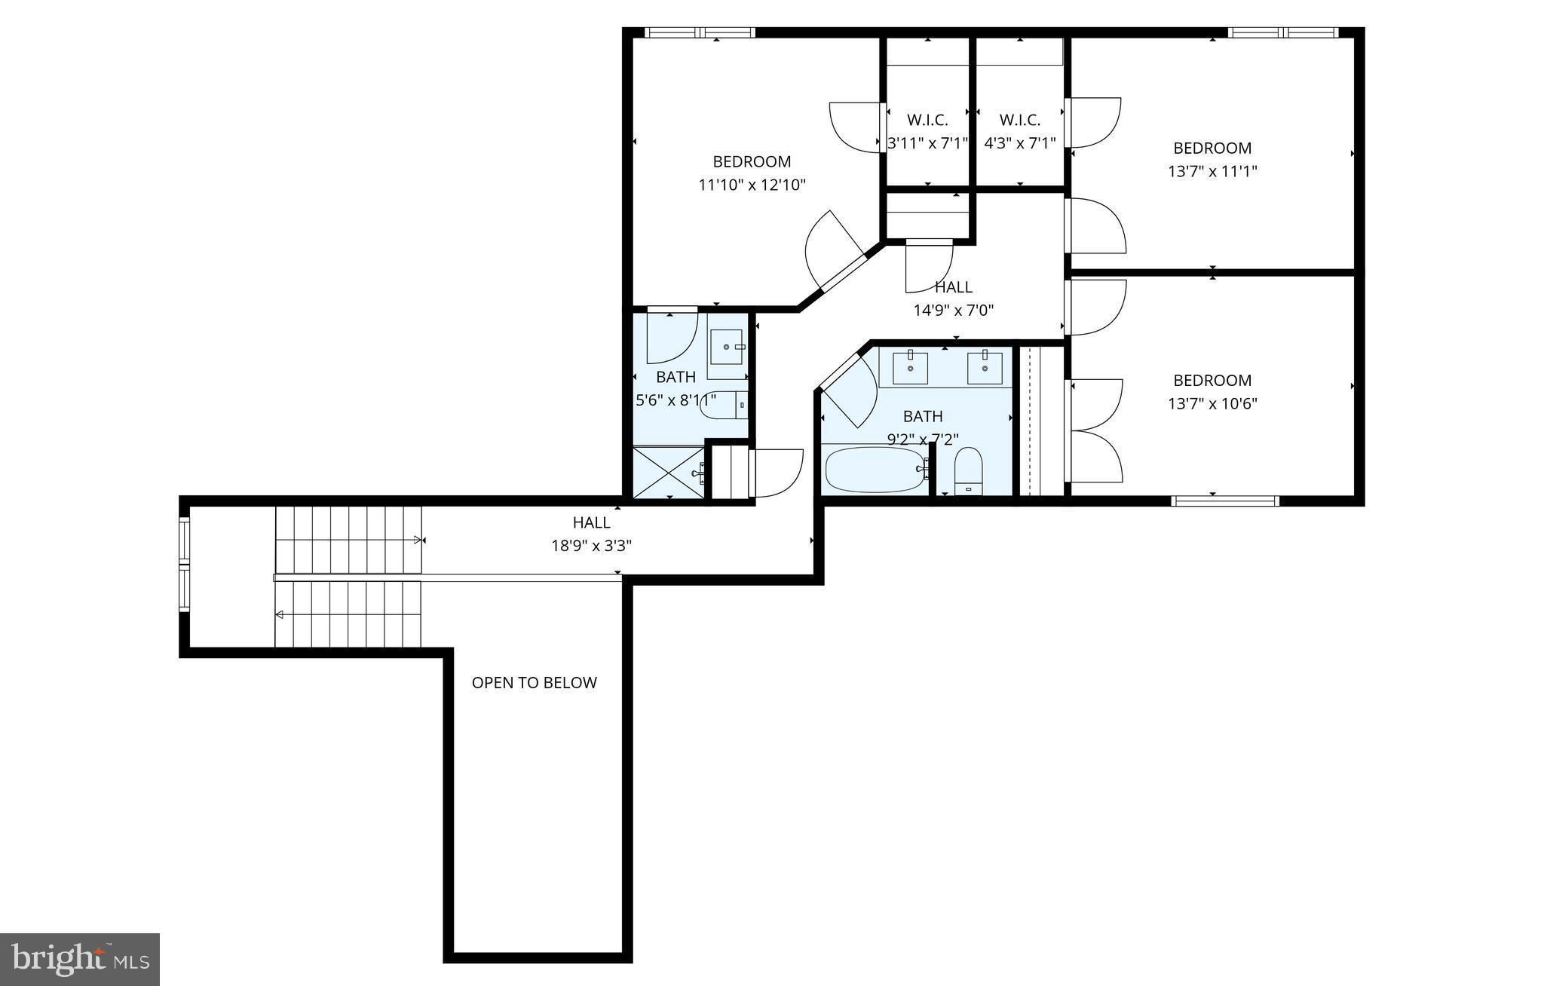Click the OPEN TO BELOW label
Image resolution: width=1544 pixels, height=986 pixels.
coord(534,683)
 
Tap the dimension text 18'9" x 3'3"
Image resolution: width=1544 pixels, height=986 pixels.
coord(591,546)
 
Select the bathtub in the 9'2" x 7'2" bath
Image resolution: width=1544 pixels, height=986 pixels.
coord(875,470)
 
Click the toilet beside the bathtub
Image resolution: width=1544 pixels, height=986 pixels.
coord(968,470)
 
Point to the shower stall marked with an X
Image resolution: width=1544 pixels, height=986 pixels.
coord(667,473)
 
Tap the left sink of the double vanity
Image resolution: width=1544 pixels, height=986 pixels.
coord(911,367)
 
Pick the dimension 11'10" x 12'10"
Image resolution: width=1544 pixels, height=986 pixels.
coord(752,185)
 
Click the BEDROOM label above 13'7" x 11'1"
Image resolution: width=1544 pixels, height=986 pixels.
coord(1212,148)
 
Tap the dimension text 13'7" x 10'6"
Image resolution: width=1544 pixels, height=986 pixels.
coord(1212,403)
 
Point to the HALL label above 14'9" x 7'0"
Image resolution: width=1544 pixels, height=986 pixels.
coord(954,286)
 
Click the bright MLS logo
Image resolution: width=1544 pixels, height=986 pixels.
coord(80,959)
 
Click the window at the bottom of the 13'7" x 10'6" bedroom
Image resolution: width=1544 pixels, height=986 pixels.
coord(1225,501)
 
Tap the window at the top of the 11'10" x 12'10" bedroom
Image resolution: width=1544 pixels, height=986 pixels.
coord(700,32)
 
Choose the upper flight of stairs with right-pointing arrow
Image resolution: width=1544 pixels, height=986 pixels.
coord(348,540)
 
